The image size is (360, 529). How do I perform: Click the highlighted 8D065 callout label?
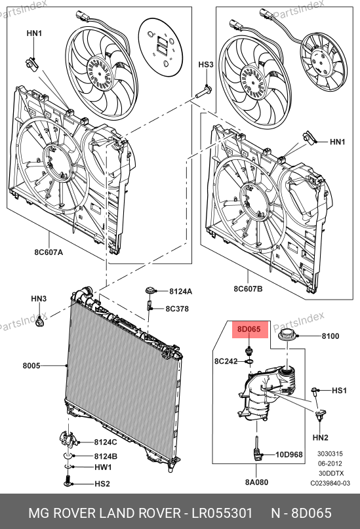[249, 329]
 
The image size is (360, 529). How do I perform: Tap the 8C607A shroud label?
[49, 252]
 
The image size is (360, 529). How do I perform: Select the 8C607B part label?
[248, 288]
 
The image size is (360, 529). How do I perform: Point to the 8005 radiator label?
[31, 365]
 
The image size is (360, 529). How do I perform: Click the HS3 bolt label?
[205, 64]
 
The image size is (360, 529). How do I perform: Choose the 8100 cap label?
[330, 336]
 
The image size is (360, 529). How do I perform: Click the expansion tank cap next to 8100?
[287, 335]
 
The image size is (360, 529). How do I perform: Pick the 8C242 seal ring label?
[226, 361]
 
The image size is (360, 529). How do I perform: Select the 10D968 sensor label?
[289, 455]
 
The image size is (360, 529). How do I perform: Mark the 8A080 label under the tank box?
[256, 482]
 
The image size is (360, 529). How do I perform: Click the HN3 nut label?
[39, 298]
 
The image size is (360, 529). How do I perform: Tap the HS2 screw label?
[102, 484]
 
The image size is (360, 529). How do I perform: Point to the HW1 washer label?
[103, 467]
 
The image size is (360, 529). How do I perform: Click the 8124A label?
[180, 292]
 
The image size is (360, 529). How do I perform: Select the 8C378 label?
[177, 309]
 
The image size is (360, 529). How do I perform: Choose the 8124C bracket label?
[106, 442]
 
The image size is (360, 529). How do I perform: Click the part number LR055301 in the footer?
[222, 513]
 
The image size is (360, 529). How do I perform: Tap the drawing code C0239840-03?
[330, 483]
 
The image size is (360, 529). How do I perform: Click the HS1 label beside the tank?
[339, 390]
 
